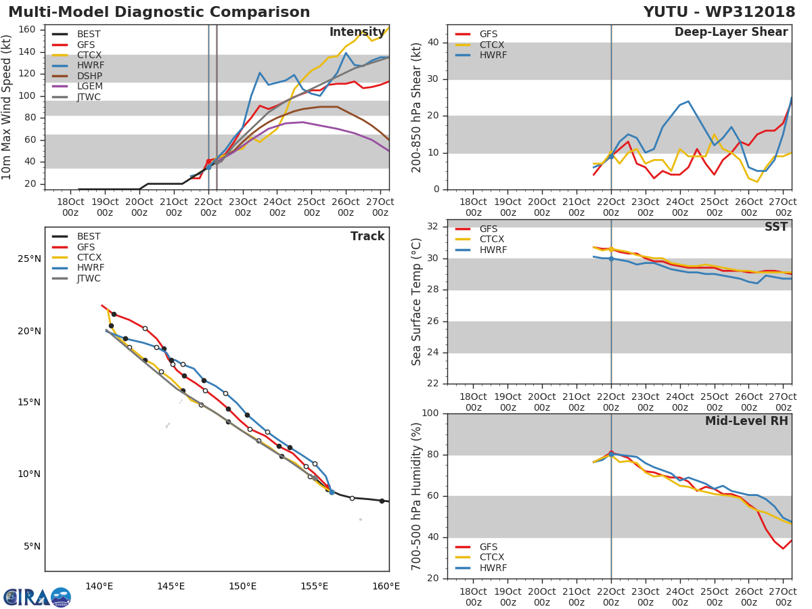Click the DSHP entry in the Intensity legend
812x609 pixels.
[x=88, y=76]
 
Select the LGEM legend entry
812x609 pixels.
[x=88, y=87]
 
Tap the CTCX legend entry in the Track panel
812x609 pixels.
[x=89, y=258]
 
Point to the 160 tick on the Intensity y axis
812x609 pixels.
[x=28, y=30]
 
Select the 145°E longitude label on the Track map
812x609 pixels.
[x=171, y=586]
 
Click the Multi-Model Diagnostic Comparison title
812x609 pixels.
[x=159, y=12]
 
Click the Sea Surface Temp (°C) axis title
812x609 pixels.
[x=417, y=301]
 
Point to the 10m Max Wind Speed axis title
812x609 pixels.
[x=7, y=107]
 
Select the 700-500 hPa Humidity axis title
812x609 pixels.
[x=417, y=496]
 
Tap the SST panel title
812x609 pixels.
[x=776, y=227]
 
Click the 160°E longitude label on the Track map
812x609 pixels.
[x=386, y=586]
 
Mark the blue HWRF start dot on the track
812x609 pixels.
[x=332, y=492]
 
